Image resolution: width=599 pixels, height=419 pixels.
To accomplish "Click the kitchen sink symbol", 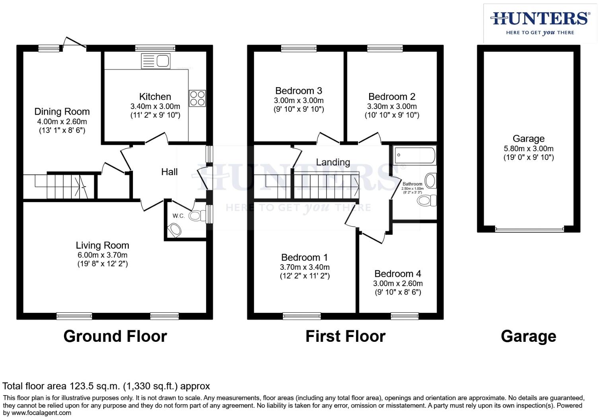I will [155, 61].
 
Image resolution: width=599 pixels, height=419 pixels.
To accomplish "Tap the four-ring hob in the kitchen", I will [197, 98].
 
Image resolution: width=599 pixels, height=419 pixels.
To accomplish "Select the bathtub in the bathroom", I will [414, 156].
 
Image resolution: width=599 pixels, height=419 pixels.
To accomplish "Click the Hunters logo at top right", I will [540, 23].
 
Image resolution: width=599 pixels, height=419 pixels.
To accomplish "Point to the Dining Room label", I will [62, 112].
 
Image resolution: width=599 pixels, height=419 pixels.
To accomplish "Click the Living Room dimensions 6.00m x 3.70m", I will [103, 255].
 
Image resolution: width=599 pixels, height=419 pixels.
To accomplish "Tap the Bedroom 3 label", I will [298, 91].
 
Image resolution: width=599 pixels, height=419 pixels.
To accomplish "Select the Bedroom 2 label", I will [392, 97].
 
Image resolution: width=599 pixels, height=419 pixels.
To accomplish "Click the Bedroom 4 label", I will [398, 274].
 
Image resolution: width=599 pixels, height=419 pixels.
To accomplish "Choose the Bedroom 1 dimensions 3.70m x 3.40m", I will [305, 267].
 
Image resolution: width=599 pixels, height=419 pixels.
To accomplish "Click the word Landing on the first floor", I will [333, 162].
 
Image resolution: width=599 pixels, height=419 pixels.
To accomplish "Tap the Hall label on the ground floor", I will [169, 172].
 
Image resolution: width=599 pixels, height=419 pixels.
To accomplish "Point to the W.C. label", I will [179, 216].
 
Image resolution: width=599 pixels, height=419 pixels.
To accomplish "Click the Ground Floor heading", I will [115, 337].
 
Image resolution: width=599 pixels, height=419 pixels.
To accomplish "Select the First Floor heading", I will [345, 337].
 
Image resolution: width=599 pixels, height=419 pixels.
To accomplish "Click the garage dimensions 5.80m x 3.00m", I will [528, 149].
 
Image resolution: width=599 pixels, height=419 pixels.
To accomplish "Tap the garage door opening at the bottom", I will [529, 229].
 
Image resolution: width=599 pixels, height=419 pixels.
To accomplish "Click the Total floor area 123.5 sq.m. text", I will [106, 386].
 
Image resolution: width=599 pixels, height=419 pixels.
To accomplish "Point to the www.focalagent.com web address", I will [41, 413].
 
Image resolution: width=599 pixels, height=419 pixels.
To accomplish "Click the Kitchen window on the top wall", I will [155, 48].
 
